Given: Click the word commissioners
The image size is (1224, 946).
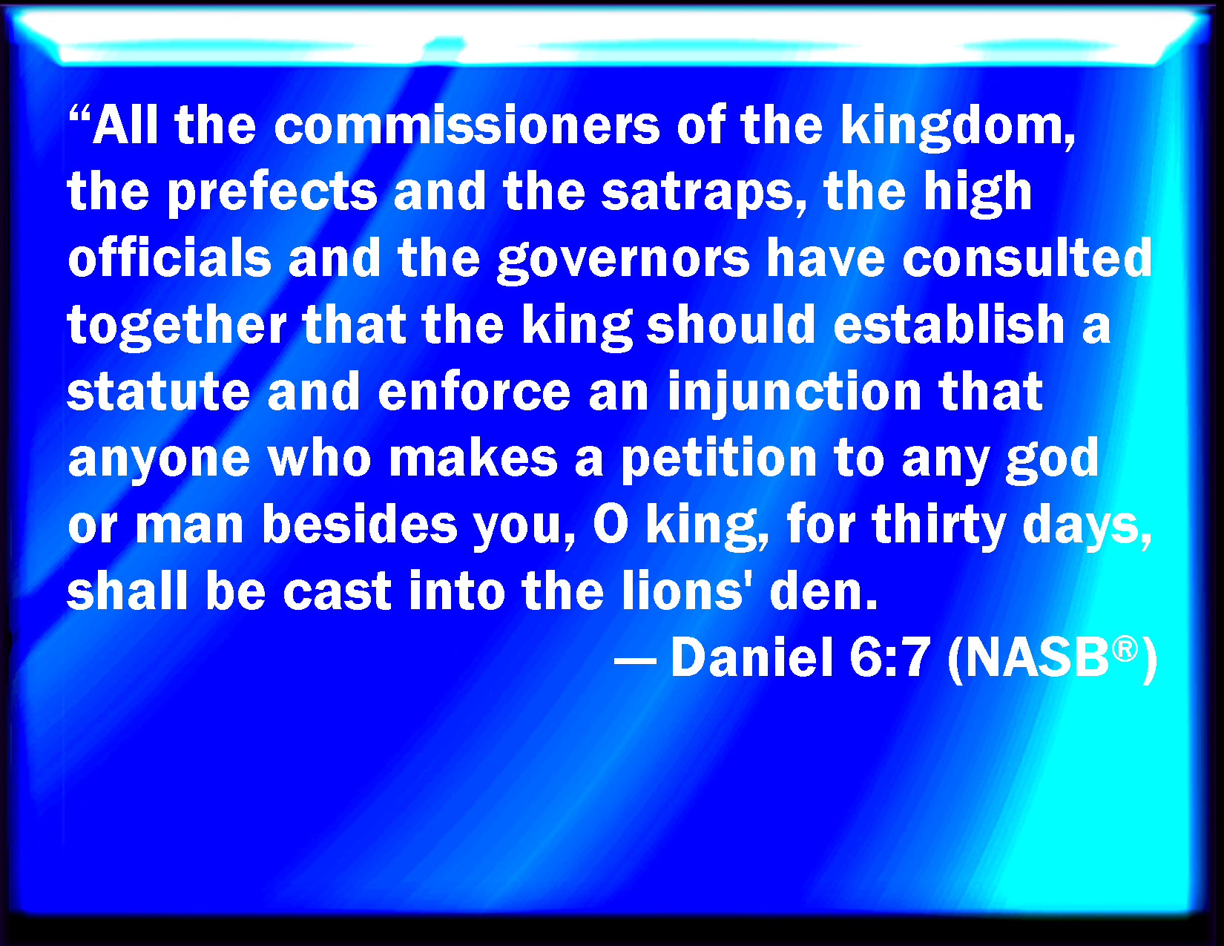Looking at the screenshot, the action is (467, 125).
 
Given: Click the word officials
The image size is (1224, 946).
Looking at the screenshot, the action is (170, 257).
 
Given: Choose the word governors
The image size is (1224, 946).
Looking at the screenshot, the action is (623, 261).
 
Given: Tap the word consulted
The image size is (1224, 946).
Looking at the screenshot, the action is (1027, 257).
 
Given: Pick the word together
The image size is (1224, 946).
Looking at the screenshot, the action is (177, 326).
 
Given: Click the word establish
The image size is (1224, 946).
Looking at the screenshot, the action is (949, 323).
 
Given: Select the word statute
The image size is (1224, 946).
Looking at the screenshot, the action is (158, 390).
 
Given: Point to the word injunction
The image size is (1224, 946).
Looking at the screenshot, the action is (794, 393).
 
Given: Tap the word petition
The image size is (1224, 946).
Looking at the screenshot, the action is (719, 460).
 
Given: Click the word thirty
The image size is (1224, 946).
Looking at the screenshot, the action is (938, 526).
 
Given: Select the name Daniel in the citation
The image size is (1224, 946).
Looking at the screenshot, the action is (752, 657).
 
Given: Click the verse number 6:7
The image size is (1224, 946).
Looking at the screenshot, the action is (889, 657).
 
